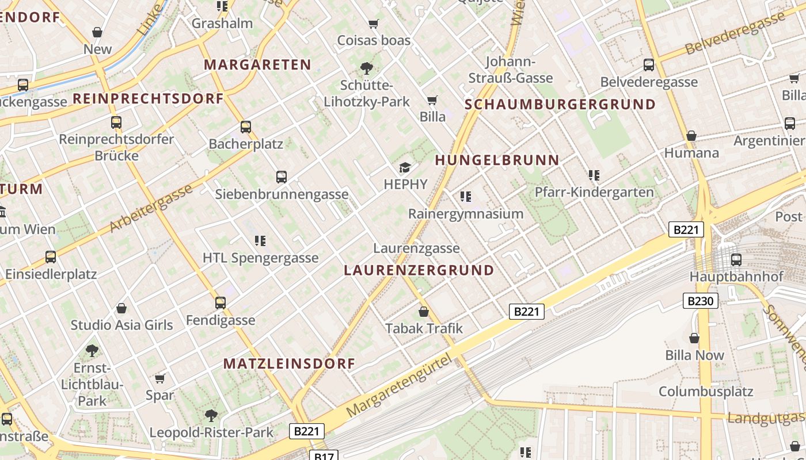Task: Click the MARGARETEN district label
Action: click(257, 65)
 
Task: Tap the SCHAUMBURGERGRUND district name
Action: click(560, 105)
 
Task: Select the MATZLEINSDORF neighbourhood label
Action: click(289, 364)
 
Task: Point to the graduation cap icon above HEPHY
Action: click(405, 167)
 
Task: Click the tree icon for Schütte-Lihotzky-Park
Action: click(366, 68)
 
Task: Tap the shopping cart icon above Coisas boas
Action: click(374, 24)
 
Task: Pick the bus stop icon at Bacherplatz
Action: click(246, 127)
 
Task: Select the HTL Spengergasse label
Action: click(260, 258)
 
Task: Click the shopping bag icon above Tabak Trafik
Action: click(424, 312)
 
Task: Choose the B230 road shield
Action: click(701, 301)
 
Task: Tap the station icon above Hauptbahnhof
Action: click(736, 259)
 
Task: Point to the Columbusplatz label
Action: click(706, 392)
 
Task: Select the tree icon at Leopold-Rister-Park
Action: click(211, 415)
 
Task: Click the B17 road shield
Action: click(324, 456)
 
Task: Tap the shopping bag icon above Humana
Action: click(691, 136)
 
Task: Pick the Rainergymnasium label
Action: click(466, 214)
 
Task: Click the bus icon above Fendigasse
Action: click(220, 302)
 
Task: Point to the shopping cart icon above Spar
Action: click(159, 378)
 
